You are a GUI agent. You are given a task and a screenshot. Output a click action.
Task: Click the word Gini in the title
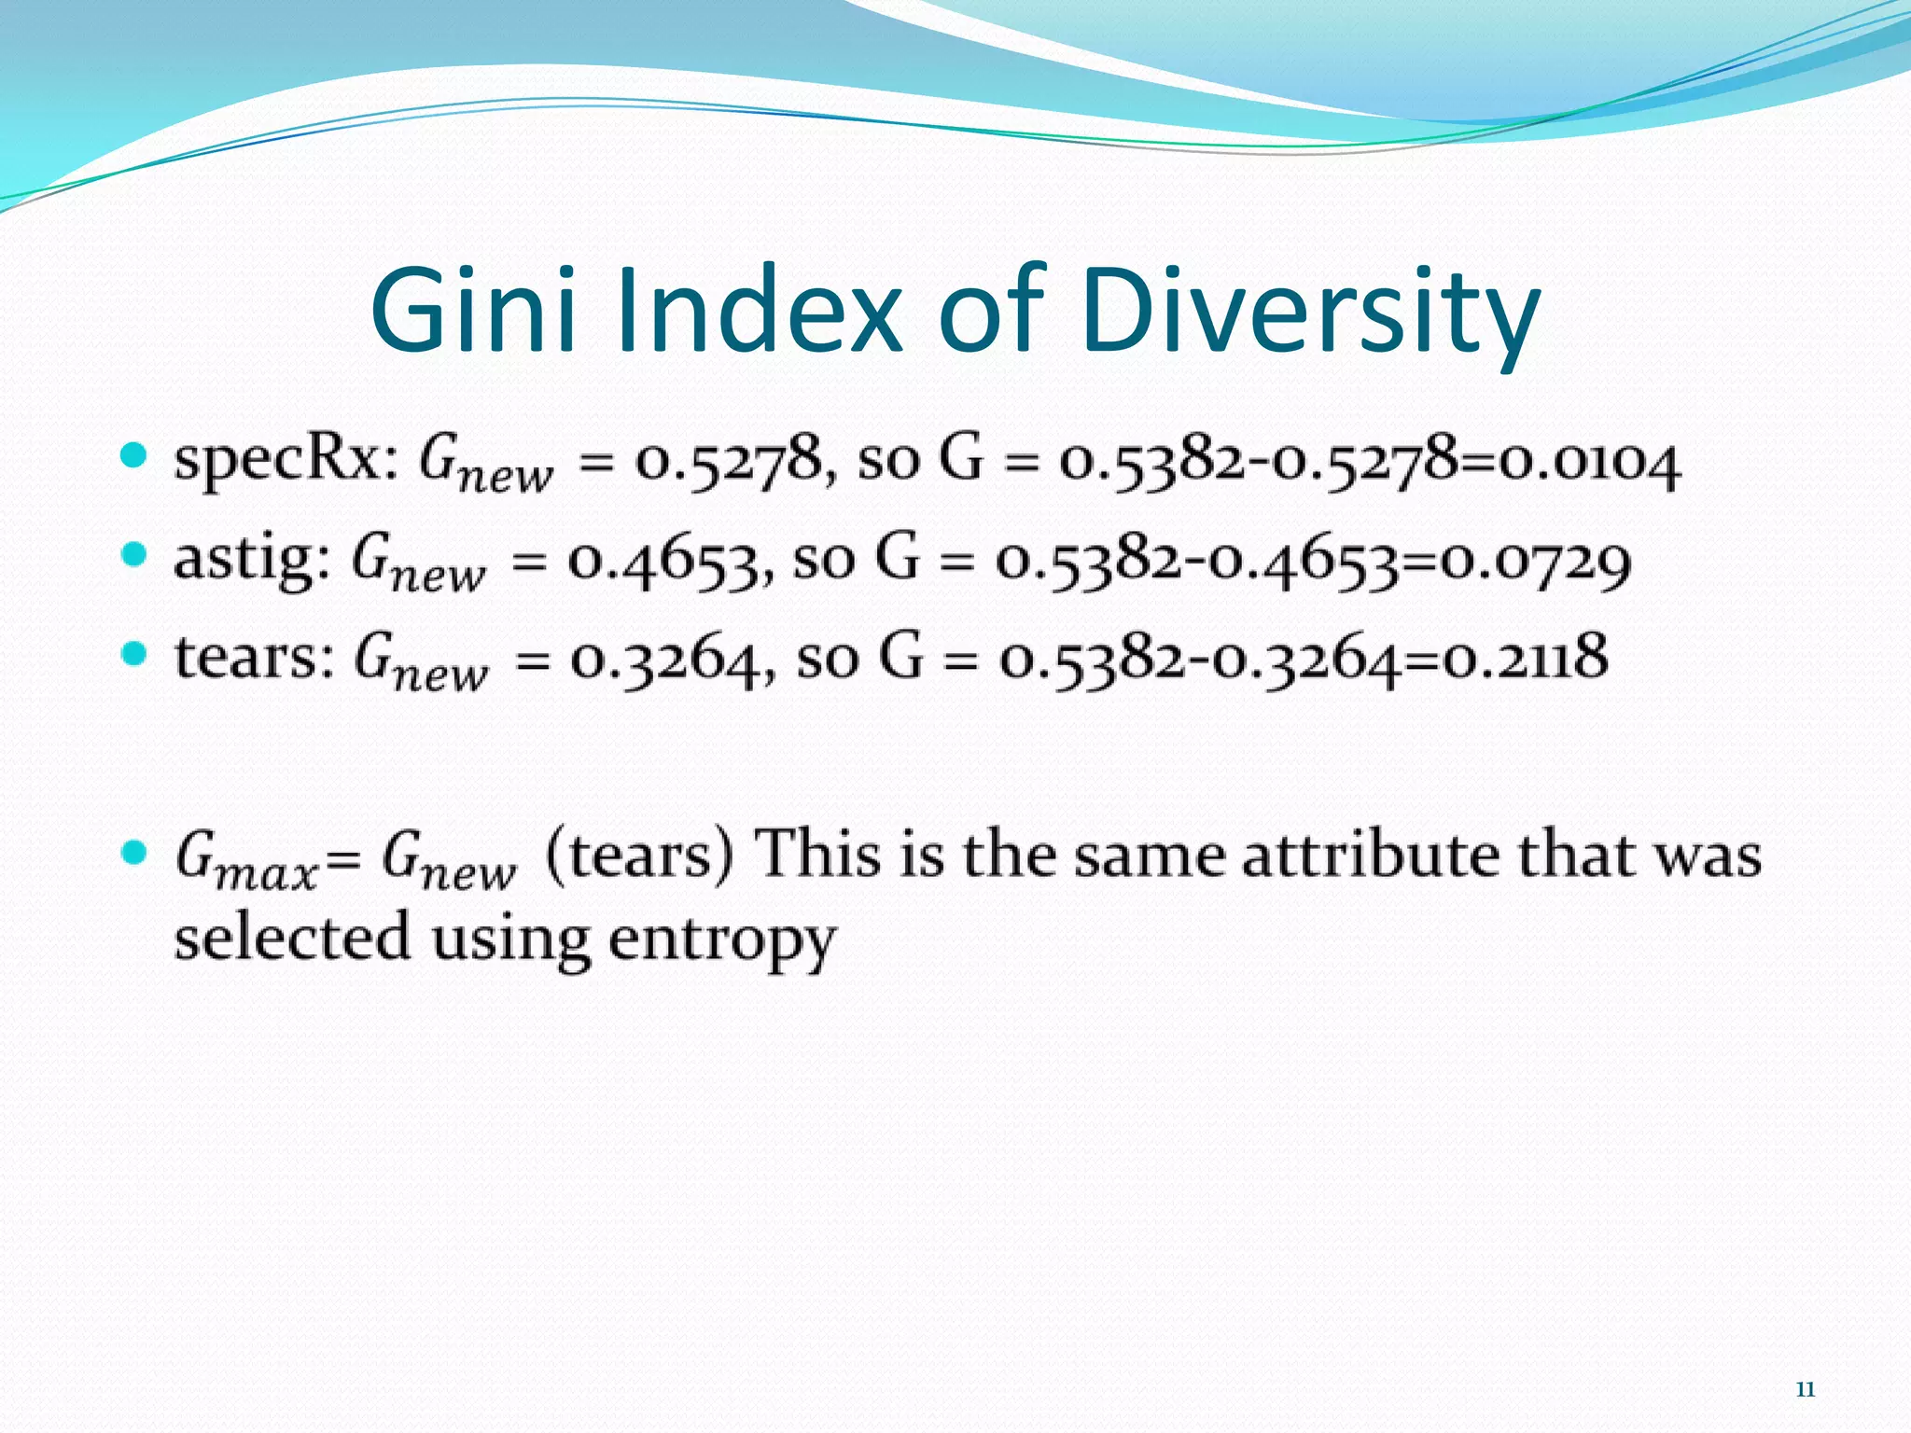pyautogui.click(x=472, y=310)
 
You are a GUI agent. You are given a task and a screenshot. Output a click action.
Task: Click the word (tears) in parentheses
pyautogui.click(x=640, y=855)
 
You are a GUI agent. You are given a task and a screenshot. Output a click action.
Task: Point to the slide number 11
pyautogui.click(x=1805, y=1390)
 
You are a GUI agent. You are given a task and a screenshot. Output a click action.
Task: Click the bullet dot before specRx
pyautogui.click(x=135, y=456)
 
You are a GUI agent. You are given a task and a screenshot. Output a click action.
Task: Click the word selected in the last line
pyautogui.click(x=292, y=937)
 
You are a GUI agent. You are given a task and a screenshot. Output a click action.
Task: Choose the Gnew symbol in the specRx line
pyautogui.click(x=485, y=464)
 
